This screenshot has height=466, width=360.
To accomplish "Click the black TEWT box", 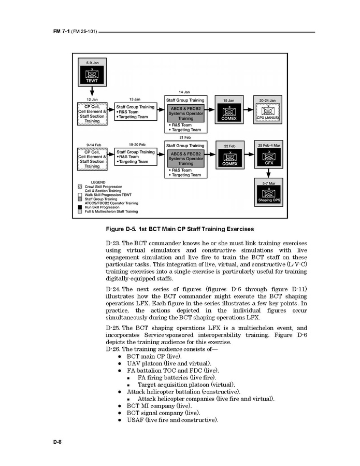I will pyautogui.click(x=91, y=75).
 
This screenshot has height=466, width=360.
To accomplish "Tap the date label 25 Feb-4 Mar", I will pyautogui.click(x=269, y=145).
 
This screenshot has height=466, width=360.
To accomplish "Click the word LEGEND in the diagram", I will pyautogui.click(x=98, y=182).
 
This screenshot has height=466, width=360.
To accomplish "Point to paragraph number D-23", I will pyautogui.click(x=112, y=243).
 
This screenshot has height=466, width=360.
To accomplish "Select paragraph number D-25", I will pyautogui.click(x=112, y=328).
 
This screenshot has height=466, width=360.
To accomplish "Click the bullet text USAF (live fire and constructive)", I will pyautogui.click(x=172, y=420).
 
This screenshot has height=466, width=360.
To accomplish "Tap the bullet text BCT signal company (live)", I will pyautogui.click(x=163, y=413).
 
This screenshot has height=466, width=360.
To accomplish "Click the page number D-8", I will pyautogui.click(x=57, y=441).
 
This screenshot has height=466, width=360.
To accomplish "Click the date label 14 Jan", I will pyautogui.click(x=184, y=92).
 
